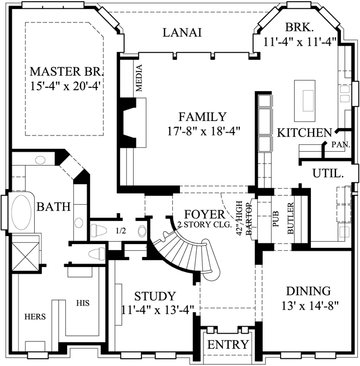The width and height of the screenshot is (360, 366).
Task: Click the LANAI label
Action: [182, 32]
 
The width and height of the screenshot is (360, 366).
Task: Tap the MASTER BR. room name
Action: [67, 73]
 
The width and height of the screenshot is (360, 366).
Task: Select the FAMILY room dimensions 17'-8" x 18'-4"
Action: [202, 132]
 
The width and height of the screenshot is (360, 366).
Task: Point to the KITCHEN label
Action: [305, 133]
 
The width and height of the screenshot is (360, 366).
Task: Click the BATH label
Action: [54, 207]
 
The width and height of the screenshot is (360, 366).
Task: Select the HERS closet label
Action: [34, 317]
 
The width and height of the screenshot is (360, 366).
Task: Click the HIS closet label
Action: [83, 303]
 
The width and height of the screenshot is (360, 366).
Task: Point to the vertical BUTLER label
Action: [291, 222]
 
